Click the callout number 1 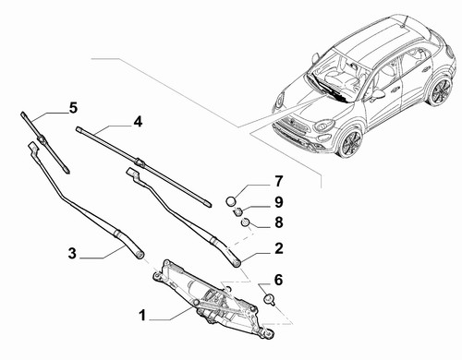click(x=142, y=316)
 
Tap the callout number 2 click(x=279, y=248)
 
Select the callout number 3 click(x=72, y=254)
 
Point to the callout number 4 click(x=138, y=122)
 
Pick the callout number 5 click(x=73, y=108)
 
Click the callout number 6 click(x=278, y=281)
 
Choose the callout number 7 click(x=278, y=182)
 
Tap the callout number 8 click(x=279, y=222)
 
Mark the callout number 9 click(x=278, y=202)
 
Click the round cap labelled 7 click(x=232, y=201)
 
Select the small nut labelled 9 click(x=237, y=211)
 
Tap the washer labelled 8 click(x=245, y=222)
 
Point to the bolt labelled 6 click(x=269, y=299)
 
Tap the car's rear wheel click(x=440, y=91)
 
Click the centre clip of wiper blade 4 click(x=140, y=162)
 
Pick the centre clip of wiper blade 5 click(x=41, y=139)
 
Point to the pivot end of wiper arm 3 click(x=140, y=254)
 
